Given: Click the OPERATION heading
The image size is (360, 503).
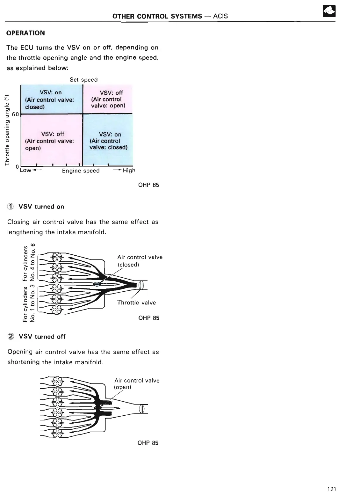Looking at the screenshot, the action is pos(26,33).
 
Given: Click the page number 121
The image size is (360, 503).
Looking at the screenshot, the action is pos(332,489).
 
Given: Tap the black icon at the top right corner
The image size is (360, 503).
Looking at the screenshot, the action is pos(329,11).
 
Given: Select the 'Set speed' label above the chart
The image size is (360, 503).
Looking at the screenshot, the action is pos(84,80).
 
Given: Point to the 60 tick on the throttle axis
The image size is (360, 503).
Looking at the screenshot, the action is pos(16,114).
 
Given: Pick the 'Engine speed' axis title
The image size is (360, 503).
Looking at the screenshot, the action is pos(81,171).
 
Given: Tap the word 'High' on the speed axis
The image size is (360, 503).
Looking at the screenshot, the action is pos(129,171).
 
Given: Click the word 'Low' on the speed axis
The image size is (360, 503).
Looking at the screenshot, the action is pos(25,170).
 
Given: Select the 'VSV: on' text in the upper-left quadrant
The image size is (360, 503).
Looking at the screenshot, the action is pos(51,92).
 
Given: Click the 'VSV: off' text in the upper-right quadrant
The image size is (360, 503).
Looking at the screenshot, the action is pos(111,93).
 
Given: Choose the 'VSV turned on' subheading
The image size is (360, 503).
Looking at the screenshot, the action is pos(41,207).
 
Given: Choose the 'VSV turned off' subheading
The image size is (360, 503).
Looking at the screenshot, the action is pos(42,337).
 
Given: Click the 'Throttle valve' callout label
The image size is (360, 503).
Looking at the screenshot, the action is pos(136,303).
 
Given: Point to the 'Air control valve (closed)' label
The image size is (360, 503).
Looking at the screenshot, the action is pos(140,261).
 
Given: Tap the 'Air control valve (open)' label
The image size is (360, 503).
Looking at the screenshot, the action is pos(137,384).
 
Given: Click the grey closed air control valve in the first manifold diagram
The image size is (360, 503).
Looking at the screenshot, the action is pos(97,284).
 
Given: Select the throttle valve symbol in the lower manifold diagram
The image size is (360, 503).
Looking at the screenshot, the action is pos(142,409).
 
